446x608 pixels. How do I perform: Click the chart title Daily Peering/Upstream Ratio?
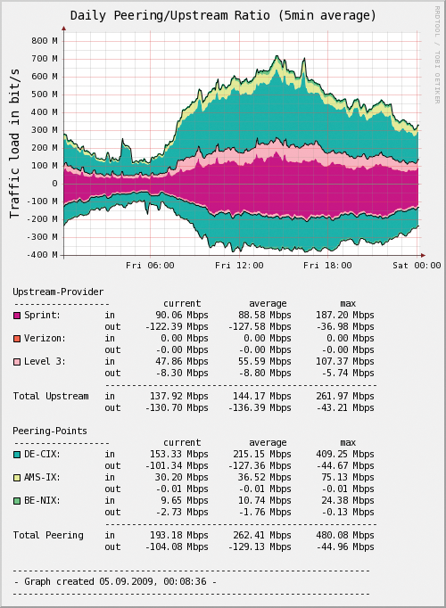(x=223, y=15)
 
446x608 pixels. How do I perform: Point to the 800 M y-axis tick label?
(x=45, y=41)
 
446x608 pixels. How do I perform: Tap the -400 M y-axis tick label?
(x=41, y=255)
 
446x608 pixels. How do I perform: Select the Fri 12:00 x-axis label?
(x=239, y=265)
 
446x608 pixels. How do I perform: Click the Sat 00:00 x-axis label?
(x=417, y=265)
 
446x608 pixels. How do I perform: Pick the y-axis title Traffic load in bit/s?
(x=15, y=147)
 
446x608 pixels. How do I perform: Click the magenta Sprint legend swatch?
(x=17, y=315)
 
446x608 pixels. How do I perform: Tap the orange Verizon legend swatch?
(x=17, y=338)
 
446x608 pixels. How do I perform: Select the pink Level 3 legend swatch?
(x=17, y=361)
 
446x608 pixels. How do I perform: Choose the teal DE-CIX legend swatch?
(x=17, y=454)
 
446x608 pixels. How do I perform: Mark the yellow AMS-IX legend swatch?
(x=17, y=477)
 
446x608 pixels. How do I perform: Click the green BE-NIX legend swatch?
(x=17, y=500)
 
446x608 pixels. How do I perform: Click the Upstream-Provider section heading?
(x=58, y=292)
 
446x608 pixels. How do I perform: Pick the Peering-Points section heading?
(x=50, y=431)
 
